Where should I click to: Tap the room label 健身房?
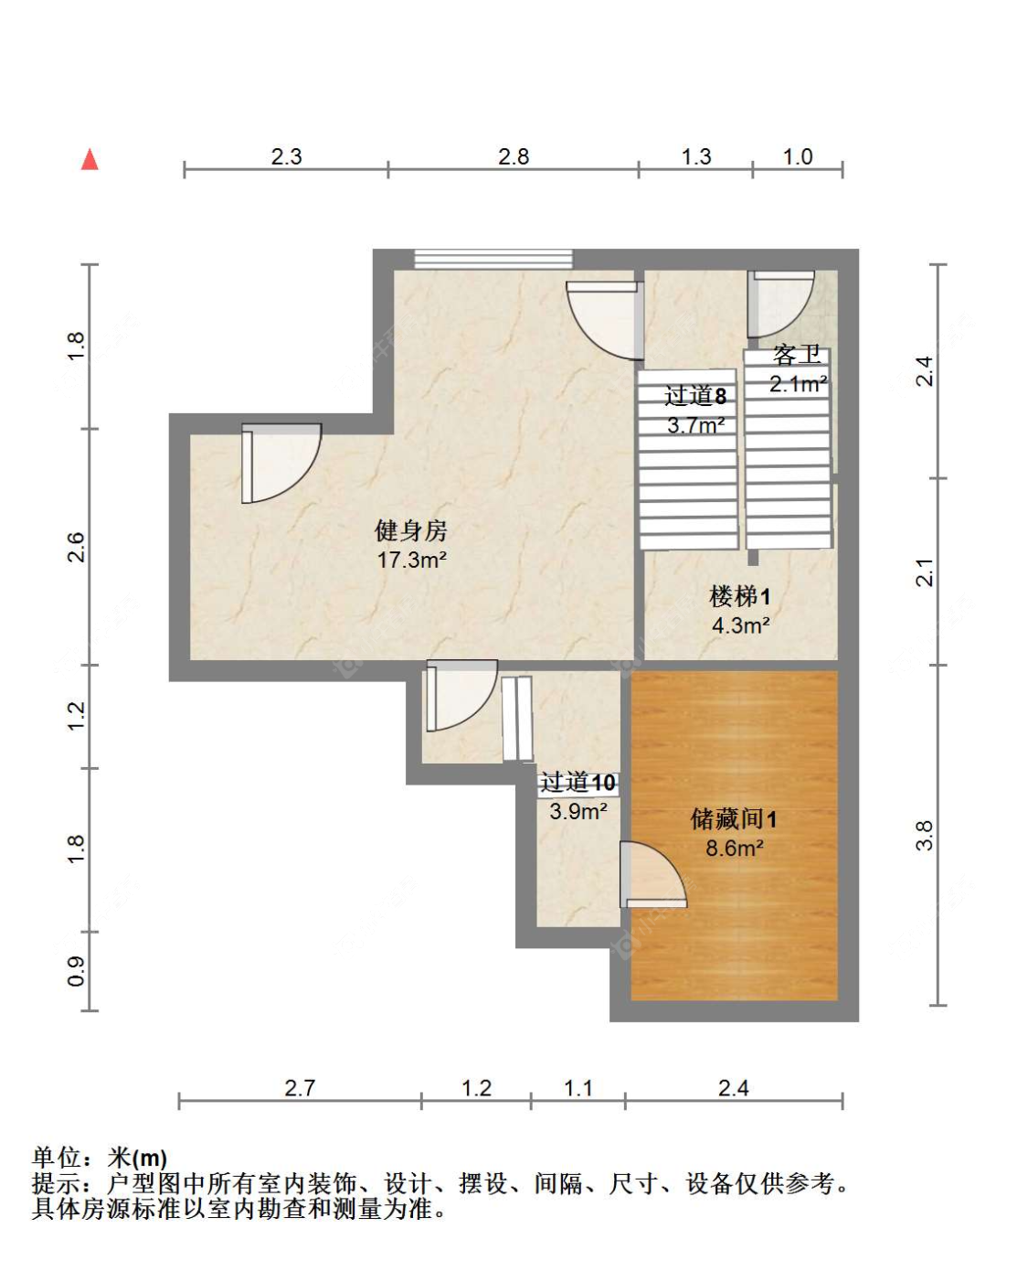point(411,530)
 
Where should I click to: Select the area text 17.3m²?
point(411,560)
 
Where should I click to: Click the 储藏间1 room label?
point(734,818)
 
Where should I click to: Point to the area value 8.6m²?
point(734,848)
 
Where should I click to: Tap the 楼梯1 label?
point(740,597)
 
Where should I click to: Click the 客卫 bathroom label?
point(797,355)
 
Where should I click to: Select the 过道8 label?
point(695,396)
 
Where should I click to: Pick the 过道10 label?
point(578,783)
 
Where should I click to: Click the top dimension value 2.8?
point(514,156)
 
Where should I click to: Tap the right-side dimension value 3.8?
point(925,835)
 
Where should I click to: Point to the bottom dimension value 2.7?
point(300,1088)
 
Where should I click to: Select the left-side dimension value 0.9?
point(77,971)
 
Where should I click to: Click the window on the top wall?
point(493,259)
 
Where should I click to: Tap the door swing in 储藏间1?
point(651,875)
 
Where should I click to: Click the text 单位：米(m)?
point(100,1159)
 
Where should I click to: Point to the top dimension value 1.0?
point(797,156)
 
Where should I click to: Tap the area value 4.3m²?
point(740,625)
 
